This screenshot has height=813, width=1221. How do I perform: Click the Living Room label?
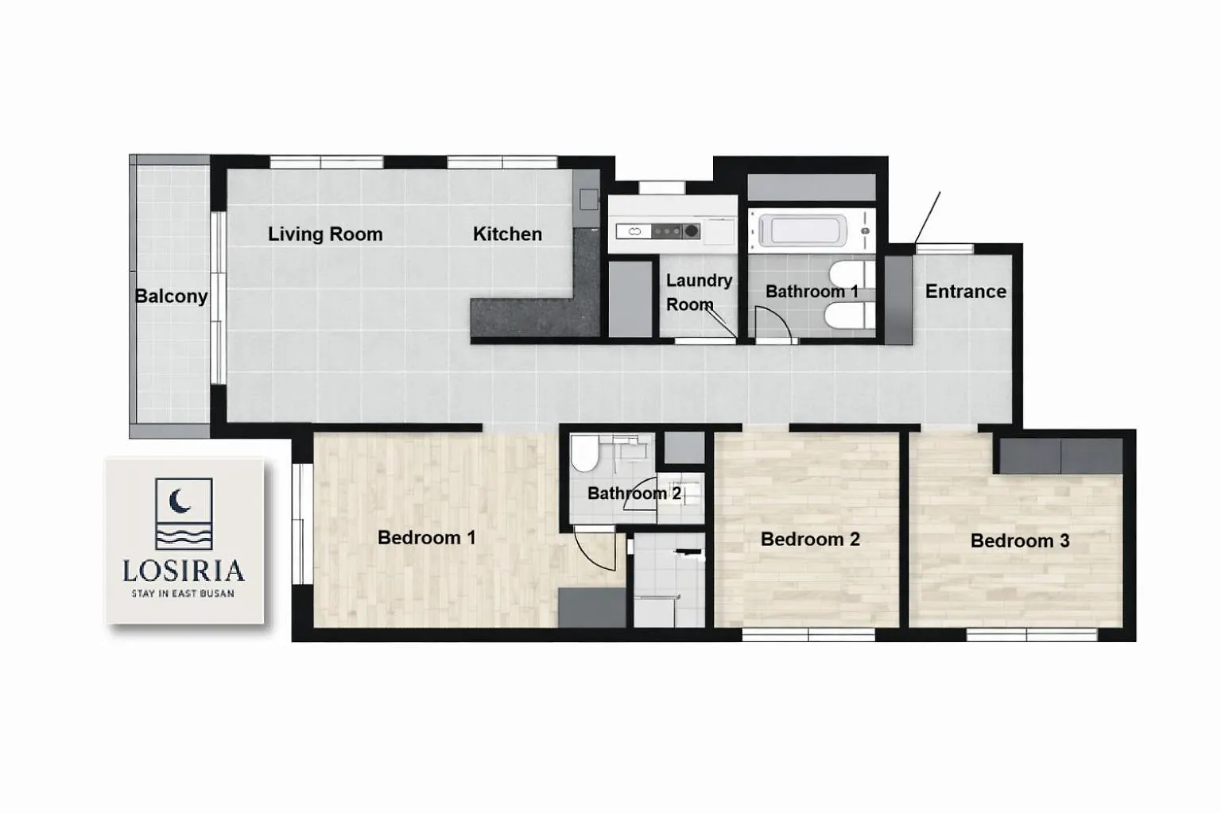coord(325,234)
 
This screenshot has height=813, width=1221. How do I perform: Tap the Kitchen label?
coord(507,234)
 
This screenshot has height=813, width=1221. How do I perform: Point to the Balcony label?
coord(171,296)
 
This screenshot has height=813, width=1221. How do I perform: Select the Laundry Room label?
coord(699,292)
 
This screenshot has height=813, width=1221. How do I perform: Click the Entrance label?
coord(966,292)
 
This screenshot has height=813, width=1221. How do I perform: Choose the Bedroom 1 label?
coord(426,538)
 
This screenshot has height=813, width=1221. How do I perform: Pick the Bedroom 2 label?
coord(810,540)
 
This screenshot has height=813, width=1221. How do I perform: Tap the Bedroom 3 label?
coord(1020,541)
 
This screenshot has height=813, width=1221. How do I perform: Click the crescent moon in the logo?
coord(179,501)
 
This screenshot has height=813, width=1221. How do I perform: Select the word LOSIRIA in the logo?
coord(183,571)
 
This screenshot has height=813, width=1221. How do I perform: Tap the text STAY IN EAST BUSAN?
coord(183,594)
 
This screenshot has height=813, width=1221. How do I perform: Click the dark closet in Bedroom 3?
coord(1060,455)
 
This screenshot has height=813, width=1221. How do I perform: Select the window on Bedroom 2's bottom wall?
coord(808,634)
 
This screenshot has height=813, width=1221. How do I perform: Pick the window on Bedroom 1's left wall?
coord(298,524)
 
